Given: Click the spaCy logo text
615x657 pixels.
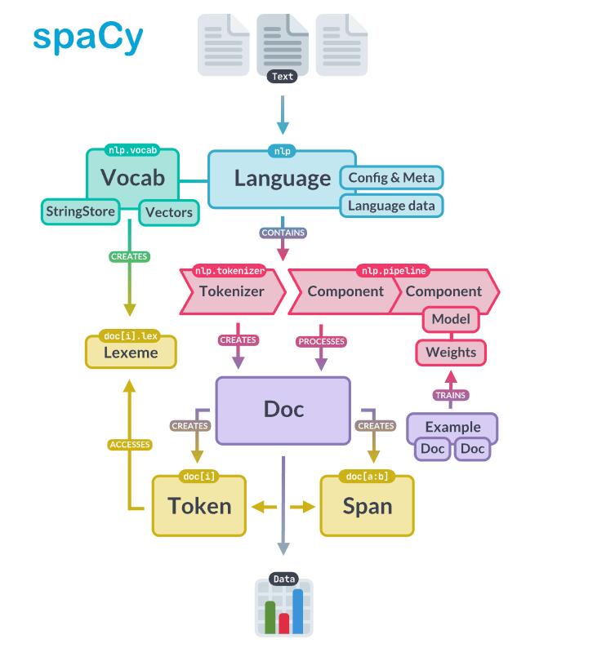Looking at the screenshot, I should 88,36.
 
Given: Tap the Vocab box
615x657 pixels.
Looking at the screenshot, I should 132,177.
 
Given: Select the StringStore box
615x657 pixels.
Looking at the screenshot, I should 79,212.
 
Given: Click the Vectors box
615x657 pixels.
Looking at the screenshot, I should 168,213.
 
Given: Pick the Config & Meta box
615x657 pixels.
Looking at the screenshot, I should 391,177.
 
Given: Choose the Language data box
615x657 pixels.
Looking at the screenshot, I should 391,205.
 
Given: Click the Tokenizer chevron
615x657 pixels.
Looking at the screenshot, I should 231,291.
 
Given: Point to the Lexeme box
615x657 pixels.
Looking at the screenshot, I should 131,353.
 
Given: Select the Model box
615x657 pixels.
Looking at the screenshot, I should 450,319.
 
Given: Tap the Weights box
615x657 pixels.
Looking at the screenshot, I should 451,353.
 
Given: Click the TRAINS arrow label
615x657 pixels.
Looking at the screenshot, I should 451,395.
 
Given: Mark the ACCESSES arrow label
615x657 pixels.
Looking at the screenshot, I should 130,445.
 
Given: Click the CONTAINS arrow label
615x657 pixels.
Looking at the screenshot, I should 283,233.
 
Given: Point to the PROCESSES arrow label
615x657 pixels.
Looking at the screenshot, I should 321,341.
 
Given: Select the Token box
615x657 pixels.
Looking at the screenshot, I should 199,506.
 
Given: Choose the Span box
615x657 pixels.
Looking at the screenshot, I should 367,506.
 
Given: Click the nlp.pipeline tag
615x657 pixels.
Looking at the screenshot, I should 393,270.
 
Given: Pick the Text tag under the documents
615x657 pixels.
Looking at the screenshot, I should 283,77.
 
